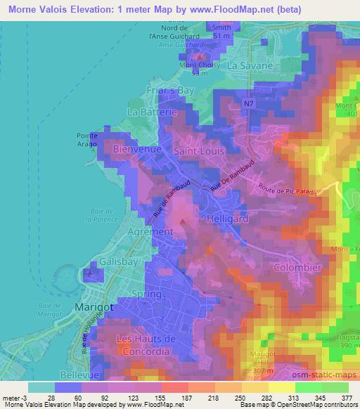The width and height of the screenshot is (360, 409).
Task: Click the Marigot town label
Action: [x=91, y=307]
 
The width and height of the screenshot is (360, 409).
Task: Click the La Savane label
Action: [x=250, y=65]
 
